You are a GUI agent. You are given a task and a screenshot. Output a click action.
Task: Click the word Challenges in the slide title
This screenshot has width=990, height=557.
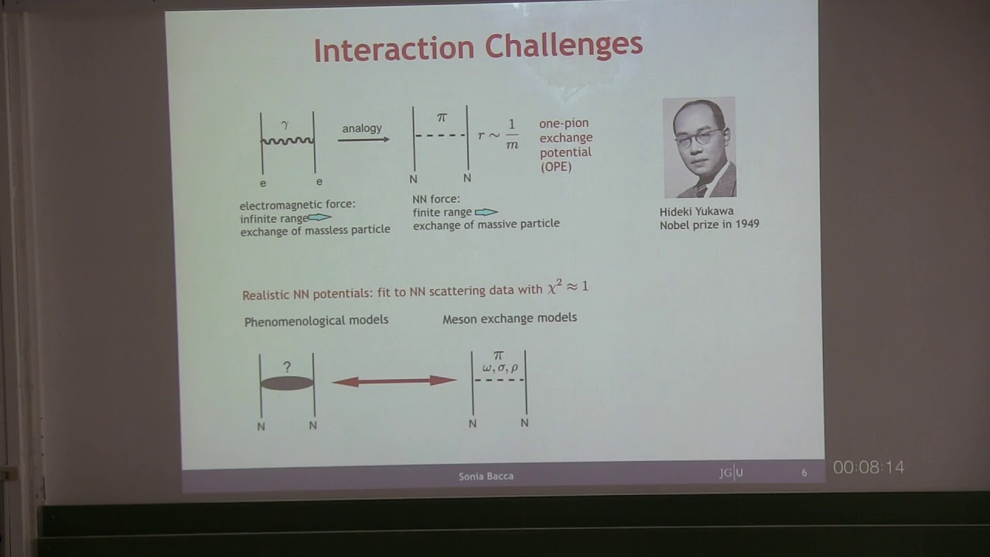coord(566,46)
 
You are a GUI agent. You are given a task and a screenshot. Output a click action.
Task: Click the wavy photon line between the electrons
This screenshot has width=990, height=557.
coord(288,141)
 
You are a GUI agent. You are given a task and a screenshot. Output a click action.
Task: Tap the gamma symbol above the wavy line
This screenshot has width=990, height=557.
coord(285,124)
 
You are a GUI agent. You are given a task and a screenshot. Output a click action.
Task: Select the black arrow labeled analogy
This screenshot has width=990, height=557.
coord(364,139)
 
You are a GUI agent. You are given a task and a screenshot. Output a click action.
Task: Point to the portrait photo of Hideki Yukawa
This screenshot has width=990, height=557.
coord(699,148)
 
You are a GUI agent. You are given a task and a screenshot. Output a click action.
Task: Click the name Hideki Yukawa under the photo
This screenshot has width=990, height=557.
coord(696,211)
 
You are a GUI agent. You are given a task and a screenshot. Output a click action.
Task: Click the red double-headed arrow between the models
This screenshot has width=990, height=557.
coord(394,381)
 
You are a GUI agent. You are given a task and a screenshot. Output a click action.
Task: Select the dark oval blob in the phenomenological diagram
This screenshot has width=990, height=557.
coord(287,382)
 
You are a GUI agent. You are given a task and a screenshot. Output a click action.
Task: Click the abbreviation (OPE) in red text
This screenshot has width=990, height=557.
coord(556,166)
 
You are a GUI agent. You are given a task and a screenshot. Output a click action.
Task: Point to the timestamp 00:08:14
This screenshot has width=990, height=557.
coord(868,467)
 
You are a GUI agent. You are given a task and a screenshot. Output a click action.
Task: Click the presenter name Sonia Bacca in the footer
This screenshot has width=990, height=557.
coord(486,476)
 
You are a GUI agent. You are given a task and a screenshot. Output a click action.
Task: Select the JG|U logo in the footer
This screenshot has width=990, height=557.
coord(731,473)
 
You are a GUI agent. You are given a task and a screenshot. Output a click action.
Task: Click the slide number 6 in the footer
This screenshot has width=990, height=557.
coord(804,473)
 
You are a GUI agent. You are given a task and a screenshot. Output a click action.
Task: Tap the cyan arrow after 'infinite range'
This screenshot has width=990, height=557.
coord(319,218)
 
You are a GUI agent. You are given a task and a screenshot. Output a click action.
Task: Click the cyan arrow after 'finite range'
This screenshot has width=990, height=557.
coord(486,212)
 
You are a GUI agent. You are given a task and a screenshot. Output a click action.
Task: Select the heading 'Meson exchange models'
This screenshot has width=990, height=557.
coord(509,318)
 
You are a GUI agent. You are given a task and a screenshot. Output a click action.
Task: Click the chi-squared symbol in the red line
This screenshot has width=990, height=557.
coord(554,288)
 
